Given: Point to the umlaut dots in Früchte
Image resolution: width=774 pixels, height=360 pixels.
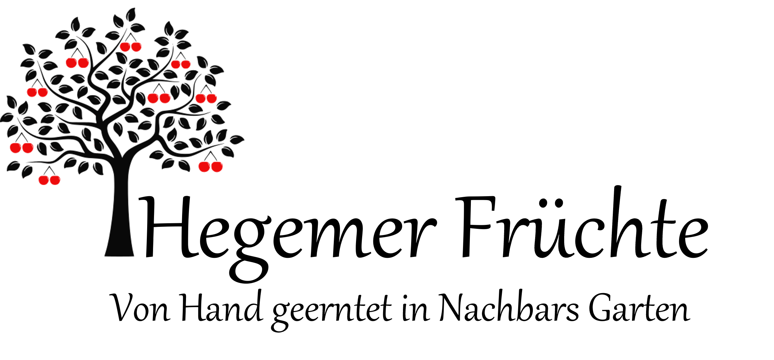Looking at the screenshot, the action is pyautogui.click(x=551, y=203).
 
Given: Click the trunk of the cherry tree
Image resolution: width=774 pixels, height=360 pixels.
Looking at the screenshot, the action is pyautogui.click(x=119, y=209).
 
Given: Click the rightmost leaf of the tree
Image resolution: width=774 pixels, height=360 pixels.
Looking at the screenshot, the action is pyautogui.click(x=237, y=140).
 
